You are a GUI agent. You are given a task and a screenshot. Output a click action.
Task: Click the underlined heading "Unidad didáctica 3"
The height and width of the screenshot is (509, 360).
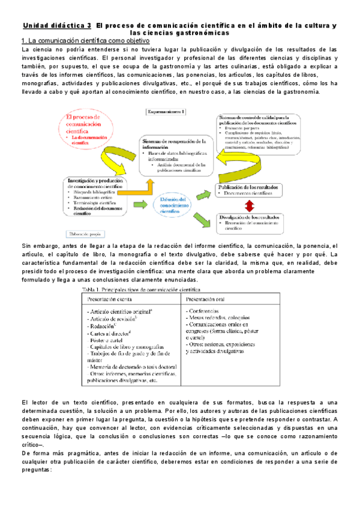click(x=57, y=26)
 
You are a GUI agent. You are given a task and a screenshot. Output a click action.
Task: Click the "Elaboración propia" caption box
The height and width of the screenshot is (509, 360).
click(x=86, y=233)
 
